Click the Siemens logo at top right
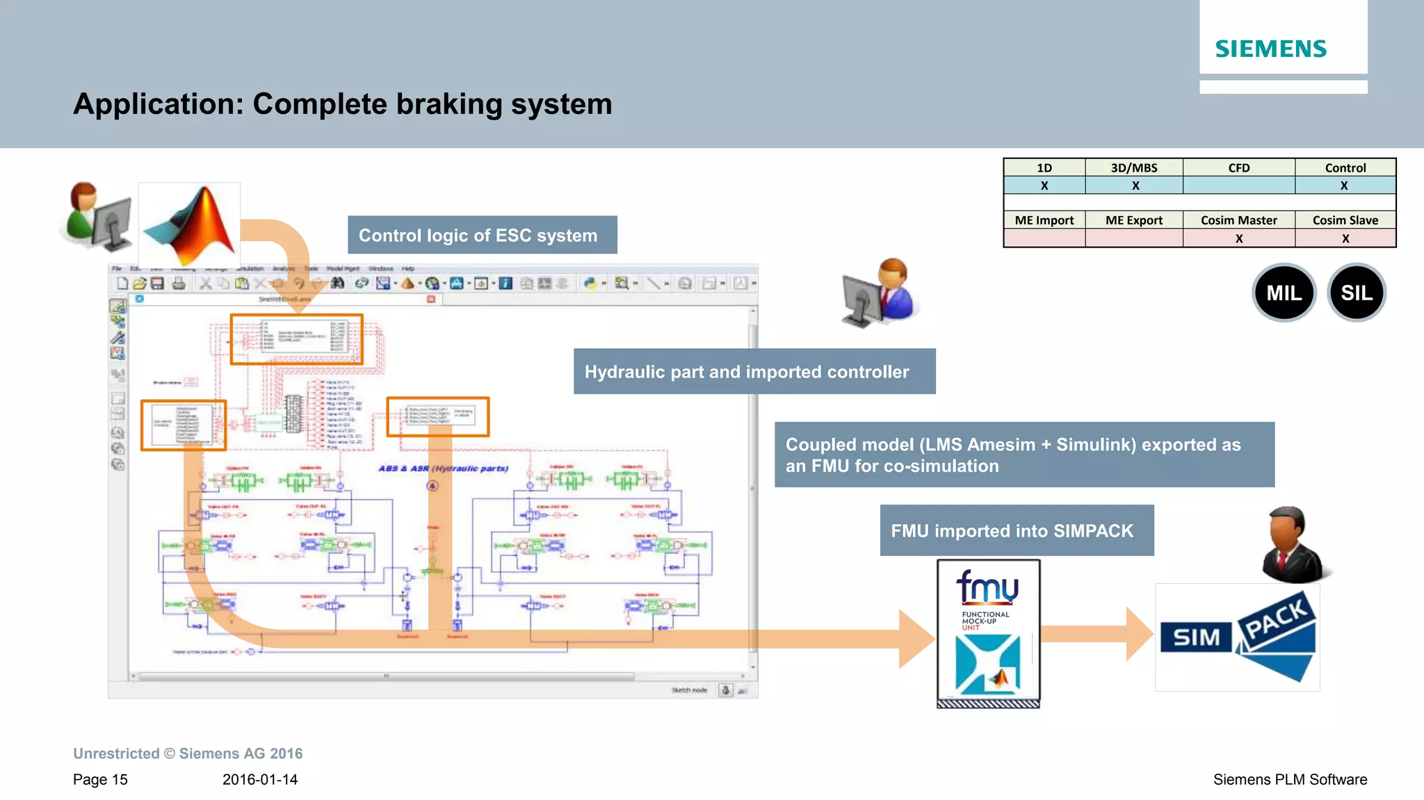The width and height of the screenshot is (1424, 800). tap(1270, 49)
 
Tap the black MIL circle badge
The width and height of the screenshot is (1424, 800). tap(1284, 293)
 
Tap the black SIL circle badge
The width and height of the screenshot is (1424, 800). tap(1357, 293)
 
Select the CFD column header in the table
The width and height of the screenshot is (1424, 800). tap(1238, 168)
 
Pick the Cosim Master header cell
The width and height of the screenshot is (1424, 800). tap(1238, 220)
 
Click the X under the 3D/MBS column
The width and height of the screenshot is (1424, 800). tap(1135, 186)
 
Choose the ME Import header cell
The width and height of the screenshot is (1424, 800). tap(1044, 220)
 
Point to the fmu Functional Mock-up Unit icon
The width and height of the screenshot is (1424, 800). tap(988, 632)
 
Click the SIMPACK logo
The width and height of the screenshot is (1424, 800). tap(1238, 637)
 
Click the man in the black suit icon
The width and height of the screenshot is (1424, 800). tap(1293, 546)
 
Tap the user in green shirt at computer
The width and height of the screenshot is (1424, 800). tap(98, 217)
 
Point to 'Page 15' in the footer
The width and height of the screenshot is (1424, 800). tap(100, 780)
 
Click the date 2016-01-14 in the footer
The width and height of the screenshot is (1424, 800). tap(260, 780)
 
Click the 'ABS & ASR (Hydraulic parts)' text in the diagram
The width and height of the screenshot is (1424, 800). tap(444, 468)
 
